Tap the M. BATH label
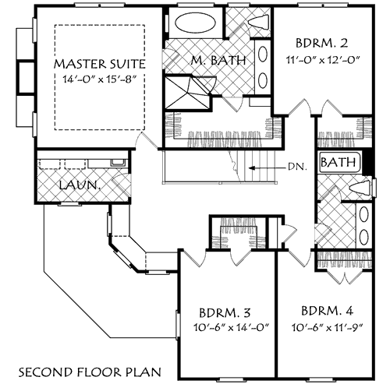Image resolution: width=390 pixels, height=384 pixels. click(220, 60)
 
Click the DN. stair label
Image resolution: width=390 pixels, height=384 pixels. click(297, 166)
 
